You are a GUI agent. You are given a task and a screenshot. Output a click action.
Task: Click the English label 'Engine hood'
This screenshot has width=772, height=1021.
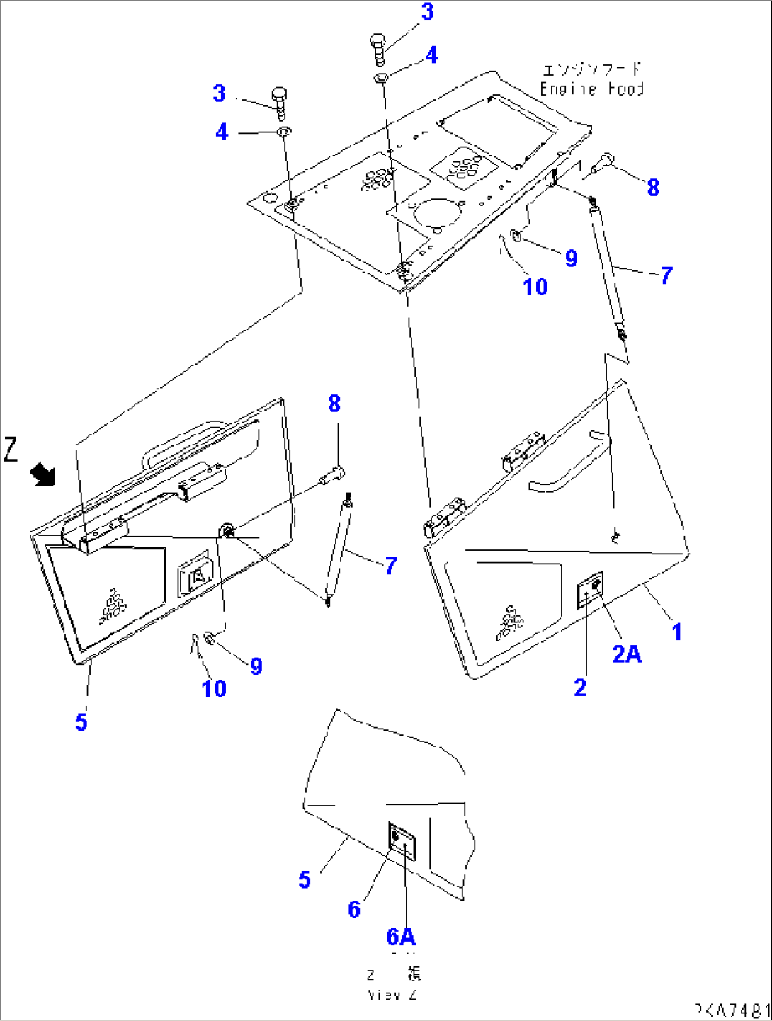(591, 89)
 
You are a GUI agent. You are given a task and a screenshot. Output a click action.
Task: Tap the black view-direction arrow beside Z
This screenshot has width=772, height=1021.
(43, 474)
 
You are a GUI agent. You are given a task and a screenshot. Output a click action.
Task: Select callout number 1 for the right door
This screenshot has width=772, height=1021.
(676, 632)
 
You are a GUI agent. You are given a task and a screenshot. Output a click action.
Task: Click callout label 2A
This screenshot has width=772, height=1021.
(627, 654)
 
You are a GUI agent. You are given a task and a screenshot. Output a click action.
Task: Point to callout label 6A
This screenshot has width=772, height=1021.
(401, 937)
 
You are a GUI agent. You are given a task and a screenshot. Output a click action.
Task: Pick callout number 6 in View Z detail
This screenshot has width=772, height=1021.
(354, 909)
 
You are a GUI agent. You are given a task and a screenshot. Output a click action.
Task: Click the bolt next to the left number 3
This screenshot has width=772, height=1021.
(279, 102)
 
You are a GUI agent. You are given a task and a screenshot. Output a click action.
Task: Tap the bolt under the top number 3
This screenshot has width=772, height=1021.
(378, 49)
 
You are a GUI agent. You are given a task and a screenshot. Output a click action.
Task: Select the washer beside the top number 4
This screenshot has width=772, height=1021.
(381, 77)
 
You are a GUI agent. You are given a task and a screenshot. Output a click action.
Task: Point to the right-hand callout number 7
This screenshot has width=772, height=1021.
(666, 275)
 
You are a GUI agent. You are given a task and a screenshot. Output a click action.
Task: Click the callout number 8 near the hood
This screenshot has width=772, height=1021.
(653, 188)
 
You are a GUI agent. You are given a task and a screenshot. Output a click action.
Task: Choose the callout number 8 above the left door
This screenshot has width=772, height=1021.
(334, 404)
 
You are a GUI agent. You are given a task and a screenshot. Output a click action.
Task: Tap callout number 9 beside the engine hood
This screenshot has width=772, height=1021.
(572, 258)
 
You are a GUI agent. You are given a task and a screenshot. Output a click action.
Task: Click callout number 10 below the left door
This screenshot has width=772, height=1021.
(214, 688)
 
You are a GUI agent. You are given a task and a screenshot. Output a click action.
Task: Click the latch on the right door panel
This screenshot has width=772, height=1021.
(590, 589)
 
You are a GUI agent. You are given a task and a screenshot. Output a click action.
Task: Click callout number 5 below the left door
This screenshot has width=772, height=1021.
(81, 722)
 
